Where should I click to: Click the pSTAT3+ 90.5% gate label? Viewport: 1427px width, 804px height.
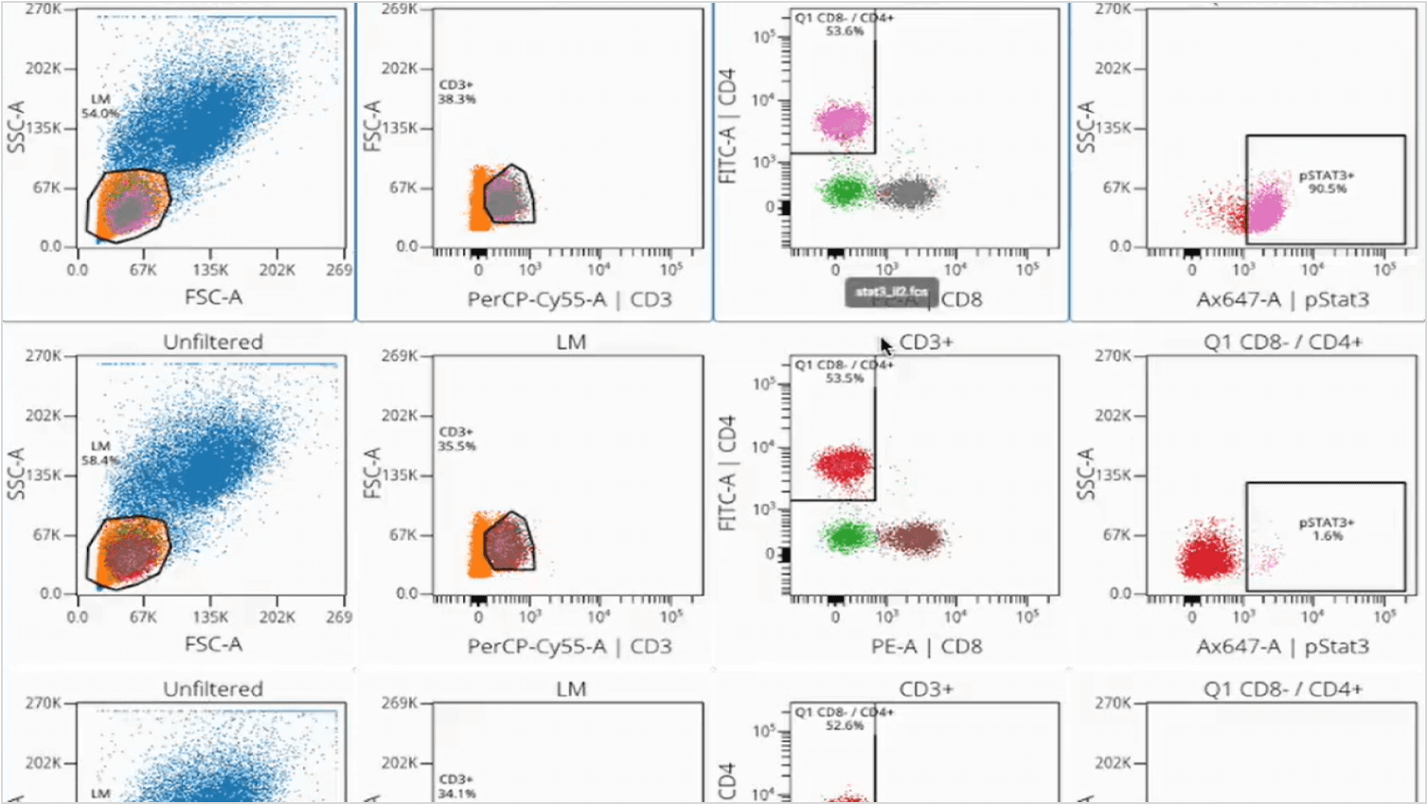pyautogui.click(x=1327, y=182)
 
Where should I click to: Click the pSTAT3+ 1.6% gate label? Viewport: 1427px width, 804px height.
pyautogui.click(x=1327, y=528)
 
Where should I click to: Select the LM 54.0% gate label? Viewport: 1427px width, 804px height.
pyautogui.click(x=100, y=106)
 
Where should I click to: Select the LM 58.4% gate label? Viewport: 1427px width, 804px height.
pyautogui.click(x=100, y=453)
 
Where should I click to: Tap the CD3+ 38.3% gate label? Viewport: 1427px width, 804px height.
pyautogui.click(x=456, y=92)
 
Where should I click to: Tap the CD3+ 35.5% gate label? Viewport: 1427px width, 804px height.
pyautogui.click(x=456, y=438)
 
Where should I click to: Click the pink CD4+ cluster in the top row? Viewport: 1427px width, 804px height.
pyautogui.click(x=842, y=120)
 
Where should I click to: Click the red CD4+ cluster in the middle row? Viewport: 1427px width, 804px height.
pyautogui.click(x=842, y=465)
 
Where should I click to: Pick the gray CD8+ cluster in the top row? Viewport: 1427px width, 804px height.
pyautogui.click(x=907, y=193)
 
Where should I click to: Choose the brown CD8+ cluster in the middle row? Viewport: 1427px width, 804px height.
pyautogui.click(x=911, y=539)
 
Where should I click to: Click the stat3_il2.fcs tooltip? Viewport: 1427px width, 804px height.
pyautogui.click(x=892, y=292)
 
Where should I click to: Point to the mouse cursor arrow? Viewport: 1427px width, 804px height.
pyautogui.click(x=884, y=345)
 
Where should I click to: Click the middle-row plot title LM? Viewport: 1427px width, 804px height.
pyautogui.click(x=571, y=342)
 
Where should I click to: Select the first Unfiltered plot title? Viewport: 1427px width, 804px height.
pyautogui.click(x=213, y=342)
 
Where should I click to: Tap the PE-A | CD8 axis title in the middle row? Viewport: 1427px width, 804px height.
pyautogui.click(x=926, y=647)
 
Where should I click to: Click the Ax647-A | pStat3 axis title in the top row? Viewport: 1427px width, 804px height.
pyautogui.click(x=1282, y=300)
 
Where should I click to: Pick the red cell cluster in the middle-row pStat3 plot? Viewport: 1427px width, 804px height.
pyautogui.click(x=1207, y=557)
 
